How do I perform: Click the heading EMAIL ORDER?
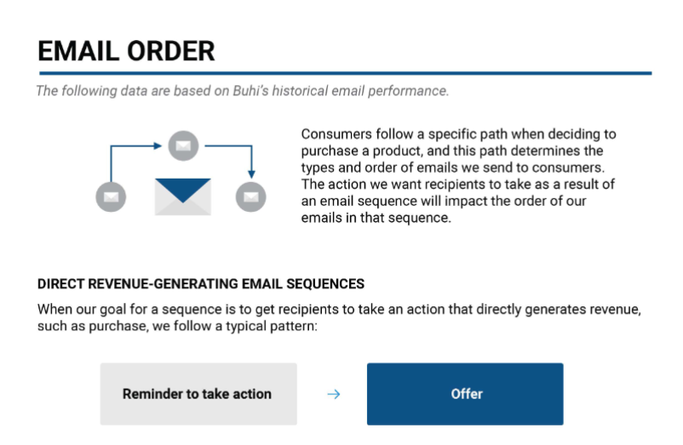[126, 51]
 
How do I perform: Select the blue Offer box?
[465, 394]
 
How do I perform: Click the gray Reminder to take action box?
[198, 394]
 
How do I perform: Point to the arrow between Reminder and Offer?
[334, 394]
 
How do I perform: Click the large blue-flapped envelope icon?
[183, 197]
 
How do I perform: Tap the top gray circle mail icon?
[183, 145]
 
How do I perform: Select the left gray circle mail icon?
[111, 197]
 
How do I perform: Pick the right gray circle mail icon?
[251, 197]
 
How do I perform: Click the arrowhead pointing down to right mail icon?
[252, 174]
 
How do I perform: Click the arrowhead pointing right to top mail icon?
[158, 145]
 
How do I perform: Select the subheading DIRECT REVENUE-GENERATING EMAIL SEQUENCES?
[201, 284]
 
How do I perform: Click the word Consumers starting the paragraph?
[336, 134]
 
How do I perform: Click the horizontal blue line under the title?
[346, 73]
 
